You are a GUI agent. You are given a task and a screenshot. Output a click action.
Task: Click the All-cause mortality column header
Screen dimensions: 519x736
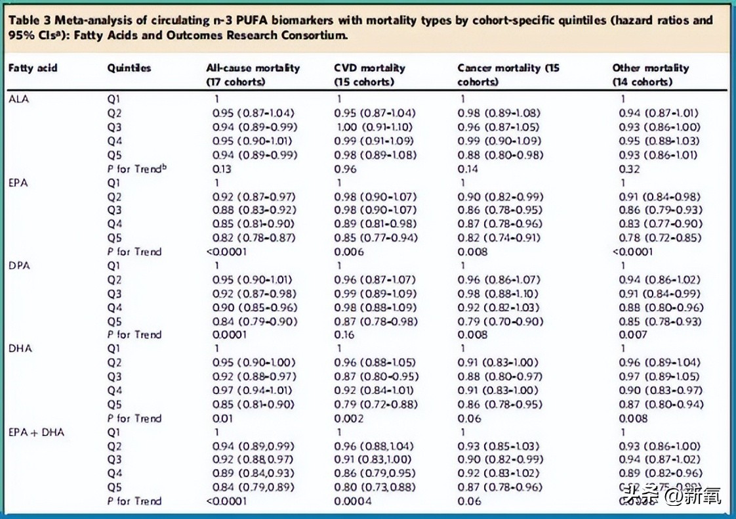tap(253, 74)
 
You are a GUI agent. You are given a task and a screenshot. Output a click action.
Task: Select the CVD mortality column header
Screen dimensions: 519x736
tap(369, 74)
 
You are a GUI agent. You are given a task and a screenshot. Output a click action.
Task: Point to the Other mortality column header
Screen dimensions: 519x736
tap(650, 74)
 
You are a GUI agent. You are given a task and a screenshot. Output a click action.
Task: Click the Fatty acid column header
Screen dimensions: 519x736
tap(32, 68)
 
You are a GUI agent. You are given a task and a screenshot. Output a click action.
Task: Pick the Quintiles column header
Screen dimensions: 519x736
tap(129, 68)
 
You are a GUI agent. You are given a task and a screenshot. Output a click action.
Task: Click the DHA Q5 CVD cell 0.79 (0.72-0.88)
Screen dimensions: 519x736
tap(375, 404)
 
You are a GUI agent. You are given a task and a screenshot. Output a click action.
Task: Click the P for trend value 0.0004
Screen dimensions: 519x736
tap(352, 501)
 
